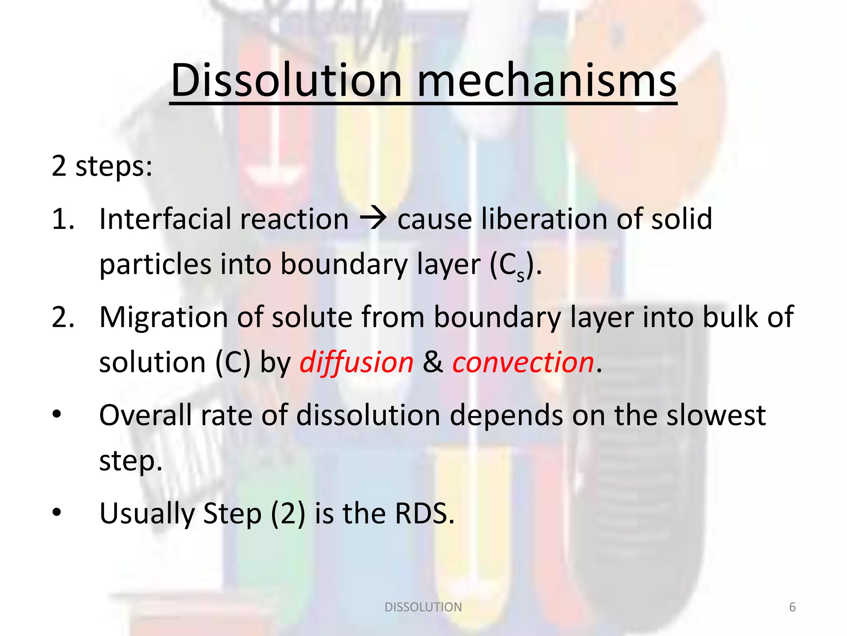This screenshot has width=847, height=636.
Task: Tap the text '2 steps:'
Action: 102,166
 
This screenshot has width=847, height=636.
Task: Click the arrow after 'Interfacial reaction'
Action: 373,219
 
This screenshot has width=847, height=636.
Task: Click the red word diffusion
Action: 356,362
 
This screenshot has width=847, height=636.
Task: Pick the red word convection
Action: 523,362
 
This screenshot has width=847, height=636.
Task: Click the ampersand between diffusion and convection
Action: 433,362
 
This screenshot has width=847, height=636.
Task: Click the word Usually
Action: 146,514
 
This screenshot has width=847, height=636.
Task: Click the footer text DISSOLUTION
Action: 423,607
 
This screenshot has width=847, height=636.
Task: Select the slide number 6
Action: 792,607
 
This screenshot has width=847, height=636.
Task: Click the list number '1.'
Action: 63,219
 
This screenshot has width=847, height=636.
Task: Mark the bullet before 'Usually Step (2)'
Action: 57,513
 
